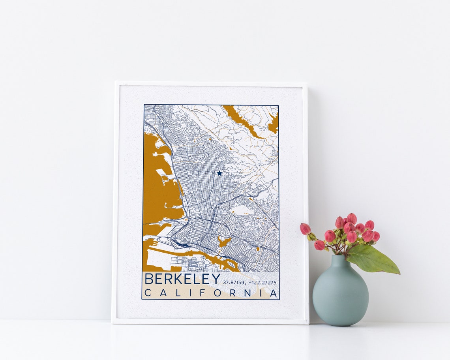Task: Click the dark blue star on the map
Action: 219,173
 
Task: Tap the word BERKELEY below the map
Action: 182,279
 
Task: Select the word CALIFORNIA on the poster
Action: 211,293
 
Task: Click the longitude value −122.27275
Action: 262,283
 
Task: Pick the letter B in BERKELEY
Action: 149,279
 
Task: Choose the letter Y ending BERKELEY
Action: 216,279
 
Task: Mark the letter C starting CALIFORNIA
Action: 147,293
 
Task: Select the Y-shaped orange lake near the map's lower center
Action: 223,241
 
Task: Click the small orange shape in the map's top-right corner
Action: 273,123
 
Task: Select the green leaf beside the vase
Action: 373,260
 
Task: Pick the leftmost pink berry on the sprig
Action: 305,229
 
